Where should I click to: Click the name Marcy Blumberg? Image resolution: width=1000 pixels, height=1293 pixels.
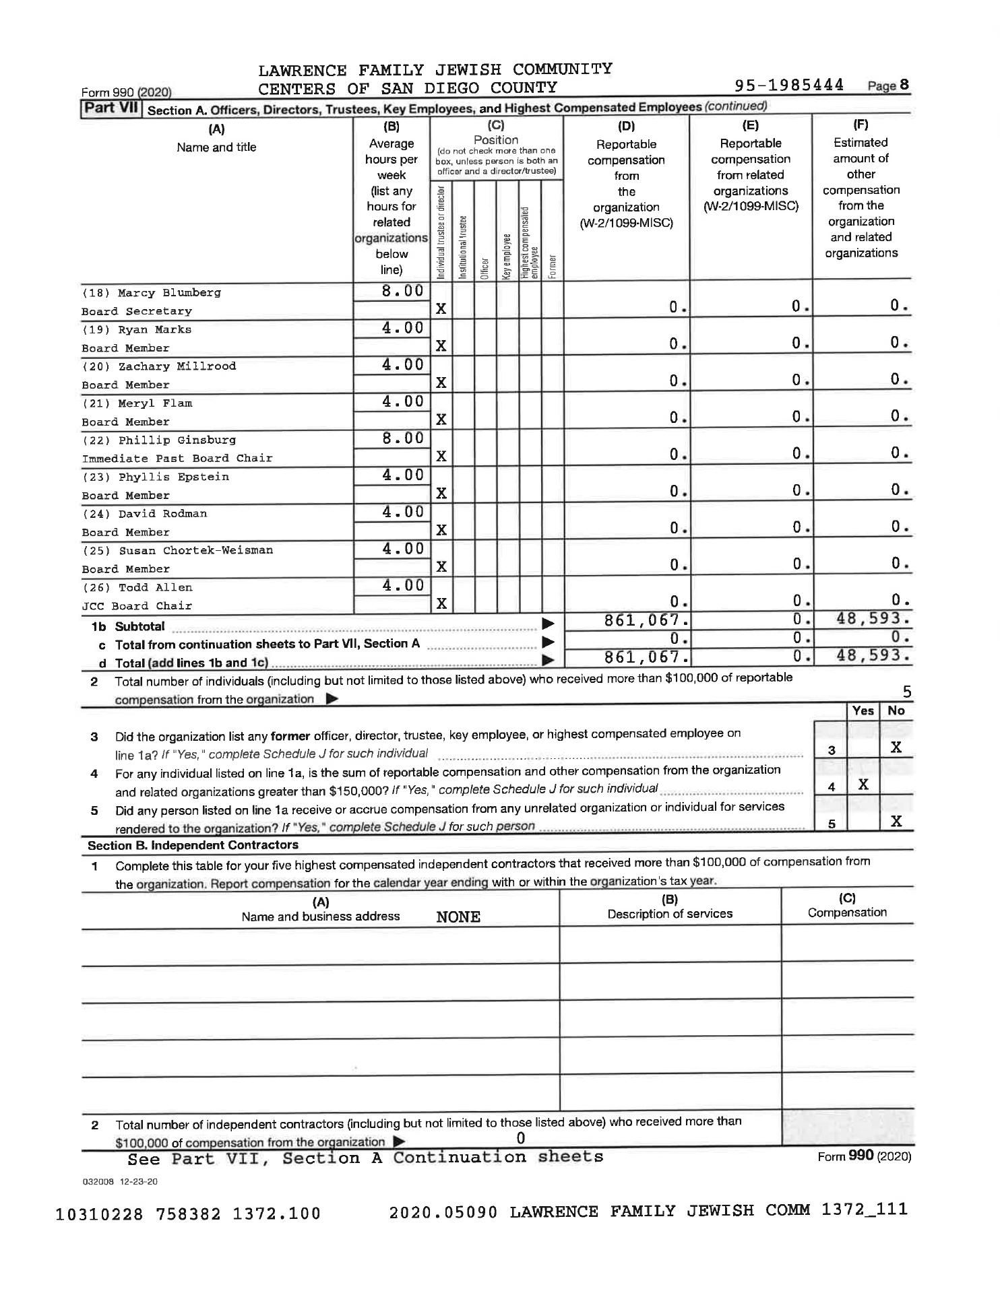pyautogui.click(x=169, y=293)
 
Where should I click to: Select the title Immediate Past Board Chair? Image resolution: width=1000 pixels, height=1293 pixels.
pyautogui.click(x=177, y=459)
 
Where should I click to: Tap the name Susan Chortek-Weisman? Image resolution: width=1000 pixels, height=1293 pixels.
pyautogui.click(x=195, y=550)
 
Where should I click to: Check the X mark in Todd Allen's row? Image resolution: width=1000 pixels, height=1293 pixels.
pyautogui.click(x=441, y=603)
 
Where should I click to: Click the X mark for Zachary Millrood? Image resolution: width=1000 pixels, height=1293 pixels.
pyautogui.click(x=441, y=383)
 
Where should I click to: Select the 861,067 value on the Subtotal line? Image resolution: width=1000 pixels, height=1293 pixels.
pyautogui.click(x=646, y=620)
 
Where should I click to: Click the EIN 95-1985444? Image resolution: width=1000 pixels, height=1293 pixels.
pyautogui.click(x=789, y=86)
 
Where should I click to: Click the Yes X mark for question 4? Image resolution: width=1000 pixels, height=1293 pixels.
pyautogui.click(x=863, y=785)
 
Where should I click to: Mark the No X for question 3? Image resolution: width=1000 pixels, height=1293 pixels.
pyautogui.click(x=896, y=748)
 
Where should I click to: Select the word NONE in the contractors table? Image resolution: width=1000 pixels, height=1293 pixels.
pyautogui.click(x=458, y=917)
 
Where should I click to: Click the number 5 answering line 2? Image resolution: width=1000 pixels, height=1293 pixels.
pyautogui.click(x=907, y=692)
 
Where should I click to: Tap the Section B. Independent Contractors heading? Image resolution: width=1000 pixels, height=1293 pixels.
pyautogui.click(x=193, y=845)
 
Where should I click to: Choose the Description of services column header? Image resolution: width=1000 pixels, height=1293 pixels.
pyautogui.click(x=670, y=914)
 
